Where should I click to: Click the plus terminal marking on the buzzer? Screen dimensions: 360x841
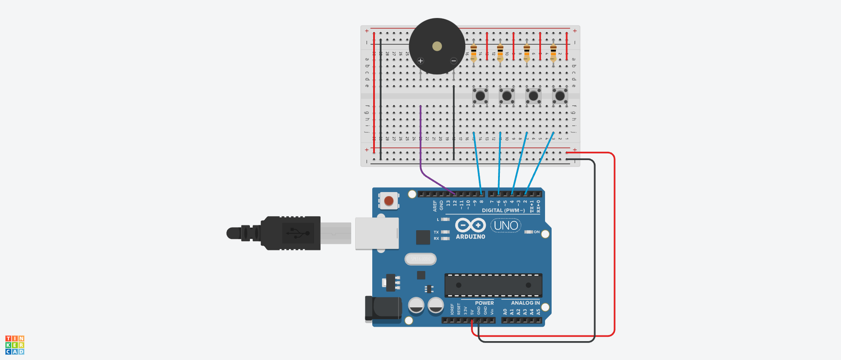coord(420,61)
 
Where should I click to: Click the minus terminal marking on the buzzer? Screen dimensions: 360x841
coord(454,61)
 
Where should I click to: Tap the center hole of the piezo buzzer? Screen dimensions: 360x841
coord(437,46)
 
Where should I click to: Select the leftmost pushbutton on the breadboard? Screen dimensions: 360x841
coord(480,96)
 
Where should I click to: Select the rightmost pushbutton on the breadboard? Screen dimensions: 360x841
coord(560,96)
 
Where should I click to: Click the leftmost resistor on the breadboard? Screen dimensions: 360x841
coord(474,53)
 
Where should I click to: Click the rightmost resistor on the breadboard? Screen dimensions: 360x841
coord(553,53)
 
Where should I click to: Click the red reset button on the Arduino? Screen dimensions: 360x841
coord(388,201)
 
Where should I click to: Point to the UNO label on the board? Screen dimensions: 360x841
coord(506,225)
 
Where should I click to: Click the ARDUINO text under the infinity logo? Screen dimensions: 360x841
coord(470,237)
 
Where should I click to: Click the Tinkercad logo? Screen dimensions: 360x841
coord(15,345)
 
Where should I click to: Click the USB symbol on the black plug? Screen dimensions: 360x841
coord(298,233)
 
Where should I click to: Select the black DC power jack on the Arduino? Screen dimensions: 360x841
coord(384,308)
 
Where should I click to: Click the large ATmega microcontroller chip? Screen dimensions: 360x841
coord(493,285)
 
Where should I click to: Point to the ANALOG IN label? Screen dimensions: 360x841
coord(525,303)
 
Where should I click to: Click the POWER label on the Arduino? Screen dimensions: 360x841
coord(484,303)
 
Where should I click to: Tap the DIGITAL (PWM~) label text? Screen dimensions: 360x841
coord(503,210)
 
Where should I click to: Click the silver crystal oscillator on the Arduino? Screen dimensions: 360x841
coord(420,259)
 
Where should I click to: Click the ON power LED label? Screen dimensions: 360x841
coord(537,232)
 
